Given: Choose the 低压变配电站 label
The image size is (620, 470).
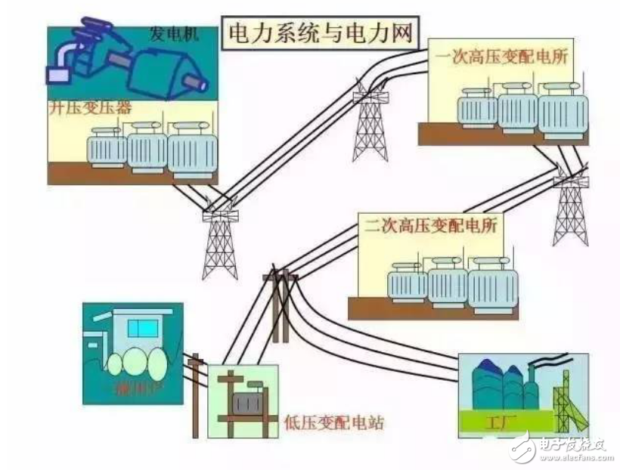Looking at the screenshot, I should pos(333,422).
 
